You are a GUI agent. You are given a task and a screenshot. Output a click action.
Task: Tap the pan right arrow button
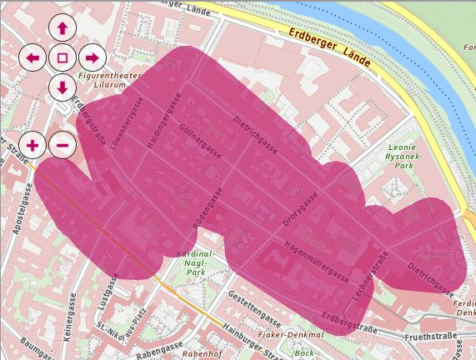[92, 57]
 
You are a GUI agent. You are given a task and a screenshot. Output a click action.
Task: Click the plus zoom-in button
[33, 145]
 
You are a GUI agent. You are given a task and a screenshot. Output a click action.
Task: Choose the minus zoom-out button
[63, 145]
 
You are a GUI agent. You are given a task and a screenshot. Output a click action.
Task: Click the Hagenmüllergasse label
[317, 257]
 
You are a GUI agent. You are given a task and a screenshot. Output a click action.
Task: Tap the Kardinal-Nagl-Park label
[198, 263]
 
